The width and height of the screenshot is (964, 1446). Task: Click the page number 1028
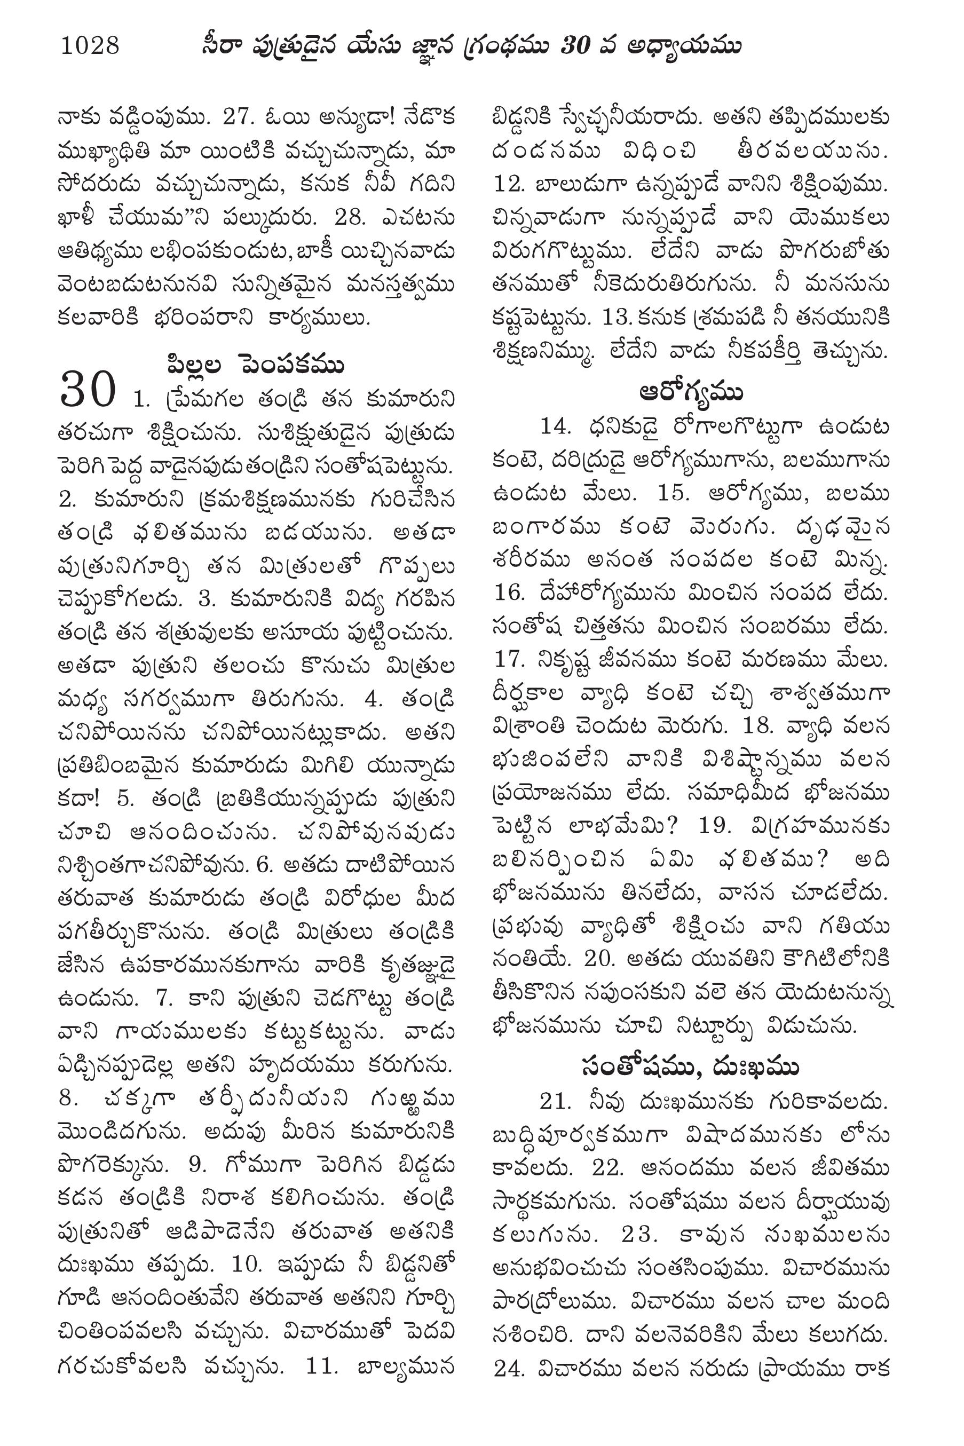[90, 45]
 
